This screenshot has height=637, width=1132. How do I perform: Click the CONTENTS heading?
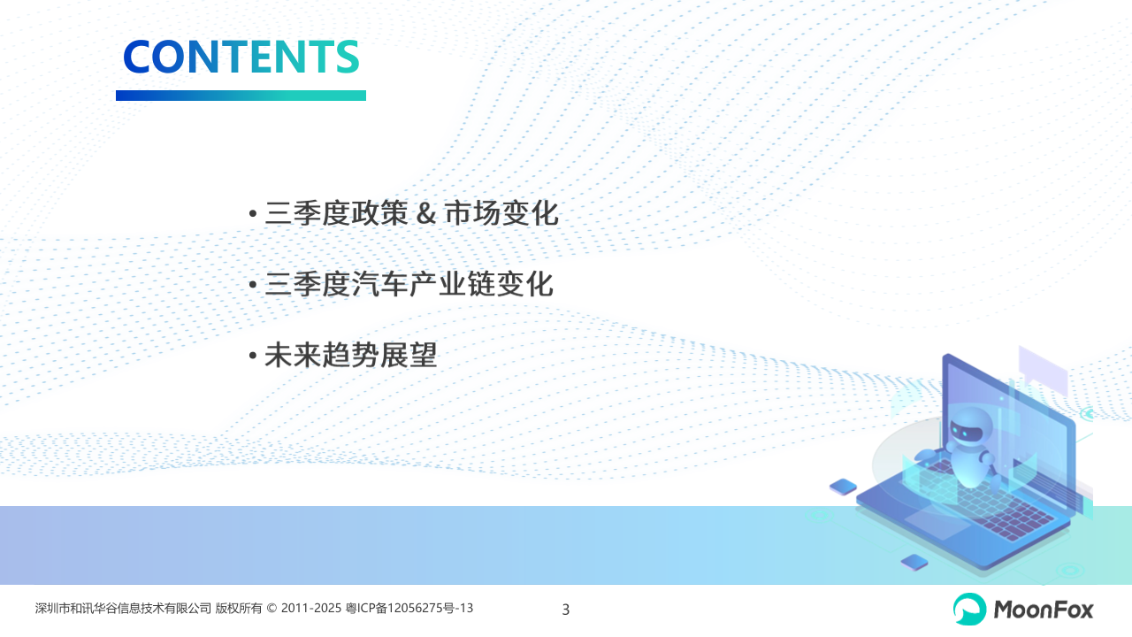[241, 57]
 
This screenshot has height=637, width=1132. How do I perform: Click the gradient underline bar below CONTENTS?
[241, 96]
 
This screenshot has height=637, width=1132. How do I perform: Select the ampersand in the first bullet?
[426, 213]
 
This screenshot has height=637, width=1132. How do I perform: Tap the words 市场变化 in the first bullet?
[501, 213]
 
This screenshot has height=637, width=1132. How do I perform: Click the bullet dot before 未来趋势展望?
[253, 356]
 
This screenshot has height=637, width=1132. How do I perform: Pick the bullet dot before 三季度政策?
[253, 214]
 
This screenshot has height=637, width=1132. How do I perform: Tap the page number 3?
[565, 610]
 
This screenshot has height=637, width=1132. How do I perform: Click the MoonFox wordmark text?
[1043, 610]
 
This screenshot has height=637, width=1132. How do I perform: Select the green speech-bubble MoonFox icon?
[969, 610]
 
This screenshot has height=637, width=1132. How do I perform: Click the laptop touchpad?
[937, 523]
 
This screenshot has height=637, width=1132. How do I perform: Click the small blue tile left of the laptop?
[843, 487]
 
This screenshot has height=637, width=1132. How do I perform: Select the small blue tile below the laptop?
[914, 562]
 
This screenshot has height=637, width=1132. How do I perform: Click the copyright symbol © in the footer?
[272, 608]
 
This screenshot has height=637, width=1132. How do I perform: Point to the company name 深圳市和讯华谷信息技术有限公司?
[123, 608]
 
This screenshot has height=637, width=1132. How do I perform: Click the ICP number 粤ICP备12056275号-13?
[409, 608]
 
